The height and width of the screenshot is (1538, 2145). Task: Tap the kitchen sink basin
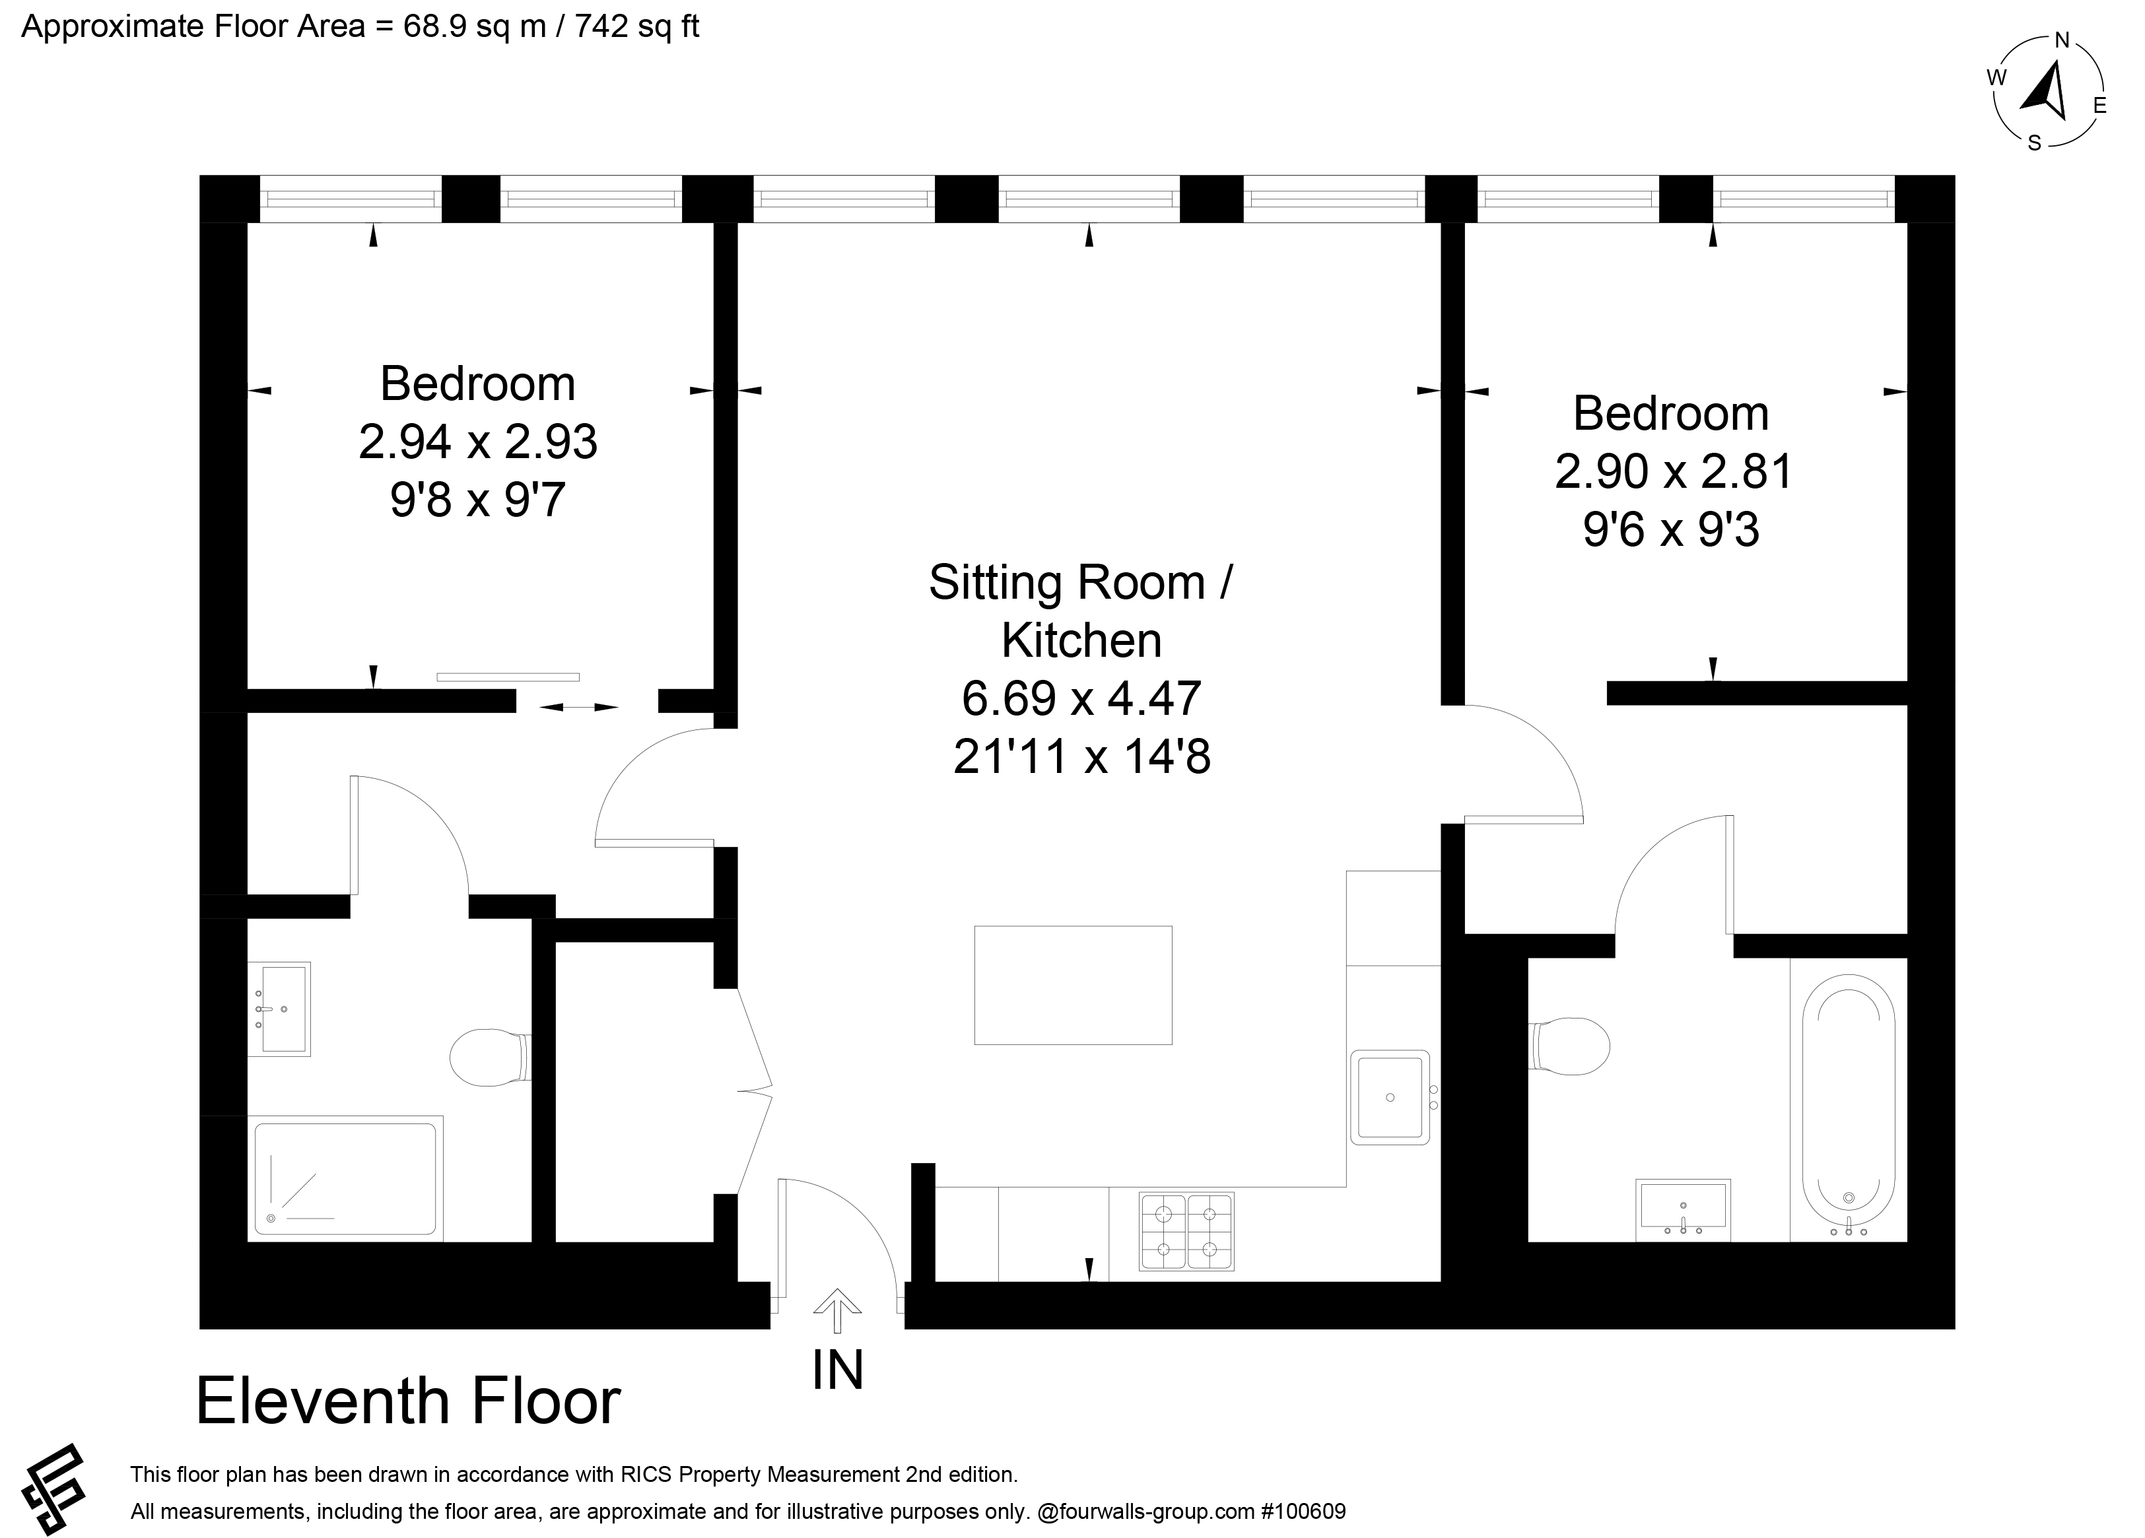1389,1097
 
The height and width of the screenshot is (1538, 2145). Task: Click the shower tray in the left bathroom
345,1178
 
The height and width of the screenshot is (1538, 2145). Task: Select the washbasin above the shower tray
279,1009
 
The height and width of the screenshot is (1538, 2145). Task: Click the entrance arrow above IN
837,1310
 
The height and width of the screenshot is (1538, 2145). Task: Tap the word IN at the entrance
838,1370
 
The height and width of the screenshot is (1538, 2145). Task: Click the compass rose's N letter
2062,40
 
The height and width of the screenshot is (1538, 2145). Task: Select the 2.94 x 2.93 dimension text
477,442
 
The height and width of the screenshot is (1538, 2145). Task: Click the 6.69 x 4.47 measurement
1081,699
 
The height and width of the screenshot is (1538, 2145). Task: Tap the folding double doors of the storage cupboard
755,1090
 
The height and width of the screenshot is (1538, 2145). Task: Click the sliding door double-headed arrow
579,706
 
